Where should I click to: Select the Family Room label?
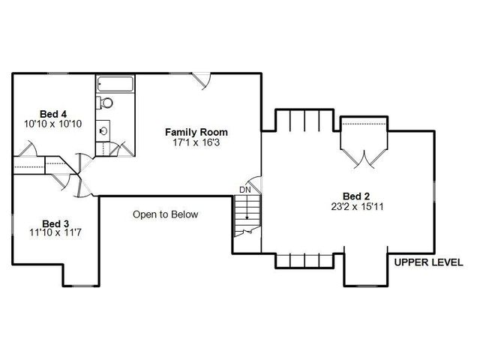pyautogui.click(x=196, y=132)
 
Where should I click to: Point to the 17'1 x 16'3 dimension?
pyautogui.click(x=196, y=142)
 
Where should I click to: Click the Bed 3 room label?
pyautogui.click(x=55, y=223)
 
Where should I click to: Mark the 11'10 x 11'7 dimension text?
pyautogui.click(x=55, y=234)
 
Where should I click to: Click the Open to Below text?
pyautogui.click(x=166, y=214)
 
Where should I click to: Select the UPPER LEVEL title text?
pyautogui.click(x=428, y=262)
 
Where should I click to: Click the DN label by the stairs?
pyautogui.click(x=245, y=190)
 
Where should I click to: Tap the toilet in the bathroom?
pyautogui.click(x=106, y=102)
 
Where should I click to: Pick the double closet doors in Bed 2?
pyautogui.click(x=364, y=158)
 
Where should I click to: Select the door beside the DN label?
pyautogui.click(x=256, y=184)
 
